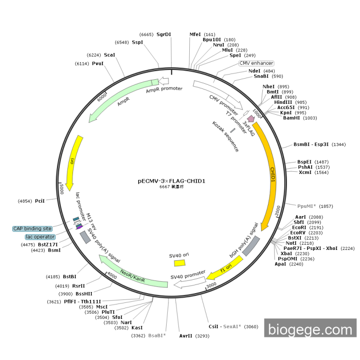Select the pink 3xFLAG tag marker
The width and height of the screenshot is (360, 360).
251,118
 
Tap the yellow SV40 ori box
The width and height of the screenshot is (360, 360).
179,263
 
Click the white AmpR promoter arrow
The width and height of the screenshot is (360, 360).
164,81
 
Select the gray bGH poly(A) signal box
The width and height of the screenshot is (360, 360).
251,246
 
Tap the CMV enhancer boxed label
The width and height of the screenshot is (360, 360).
256,63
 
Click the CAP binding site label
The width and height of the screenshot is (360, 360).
32,229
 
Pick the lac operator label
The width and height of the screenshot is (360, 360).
40,237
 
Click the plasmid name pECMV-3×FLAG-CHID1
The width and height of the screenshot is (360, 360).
171,181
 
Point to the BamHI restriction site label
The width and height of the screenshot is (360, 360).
292,118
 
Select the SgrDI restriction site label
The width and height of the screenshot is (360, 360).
164,34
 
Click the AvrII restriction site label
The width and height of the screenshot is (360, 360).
186,336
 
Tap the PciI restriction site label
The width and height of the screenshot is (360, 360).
40,201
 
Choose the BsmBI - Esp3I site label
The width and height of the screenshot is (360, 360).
311,145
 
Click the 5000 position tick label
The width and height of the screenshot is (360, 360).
61,189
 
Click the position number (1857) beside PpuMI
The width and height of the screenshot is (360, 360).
326,206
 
